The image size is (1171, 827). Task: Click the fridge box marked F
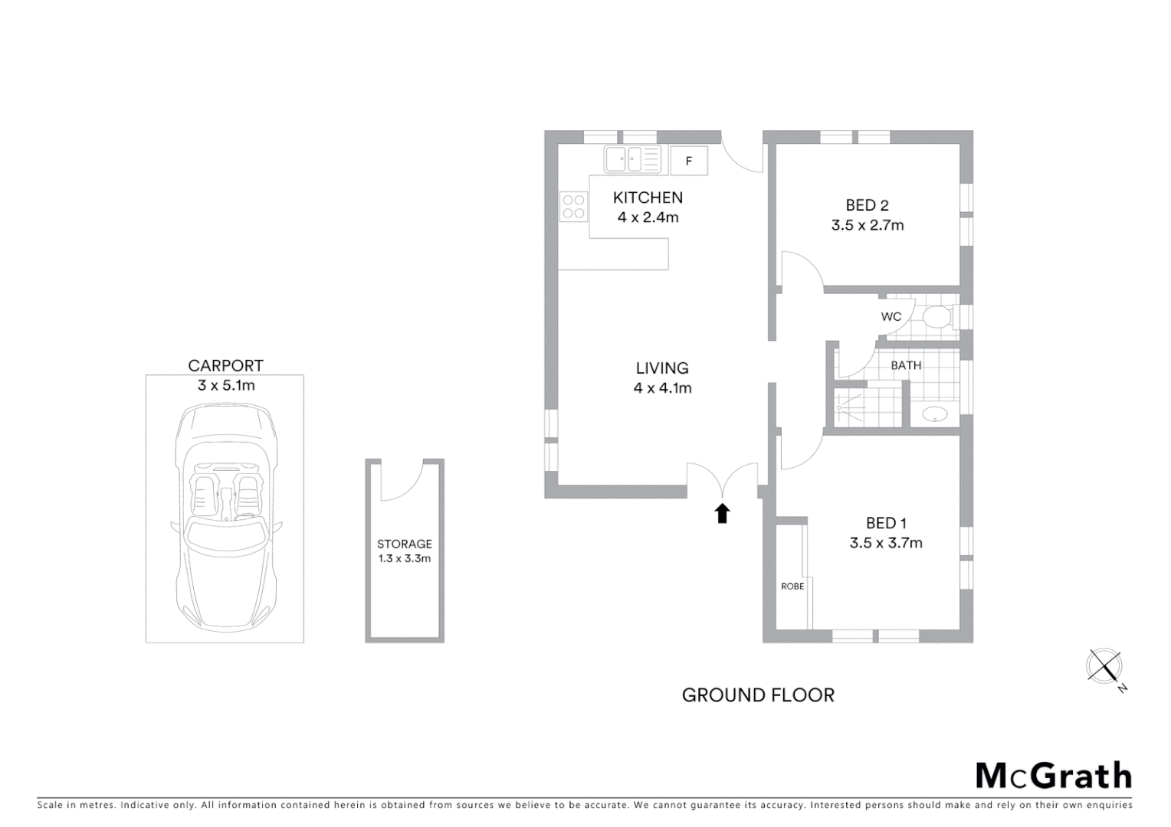[x=688, y=161]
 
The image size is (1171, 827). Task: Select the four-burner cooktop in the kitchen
[x=573, y=206]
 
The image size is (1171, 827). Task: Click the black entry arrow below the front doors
[x=722, y=513]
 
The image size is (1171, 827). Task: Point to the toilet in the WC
[x=937, y=317]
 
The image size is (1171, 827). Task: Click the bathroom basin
[x=934, y=414]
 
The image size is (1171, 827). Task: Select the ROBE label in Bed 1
[x=792, y=586]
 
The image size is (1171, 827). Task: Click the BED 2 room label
[x=867, y=205]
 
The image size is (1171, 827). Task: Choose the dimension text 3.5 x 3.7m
[x=885, y=543]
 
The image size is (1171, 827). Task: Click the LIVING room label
[x=662, y=368]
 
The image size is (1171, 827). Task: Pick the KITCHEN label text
[x=648, y=198]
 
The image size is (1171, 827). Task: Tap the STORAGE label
[x=404, y=544]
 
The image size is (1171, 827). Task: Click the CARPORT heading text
[x=225, y=366]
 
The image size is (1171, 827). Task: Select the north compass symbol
[x=1105, y=665]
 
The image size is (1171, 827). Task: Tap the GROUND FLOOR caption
[x=757, y=695]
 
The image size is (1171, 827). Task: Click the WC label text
[x=891, y=316]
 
